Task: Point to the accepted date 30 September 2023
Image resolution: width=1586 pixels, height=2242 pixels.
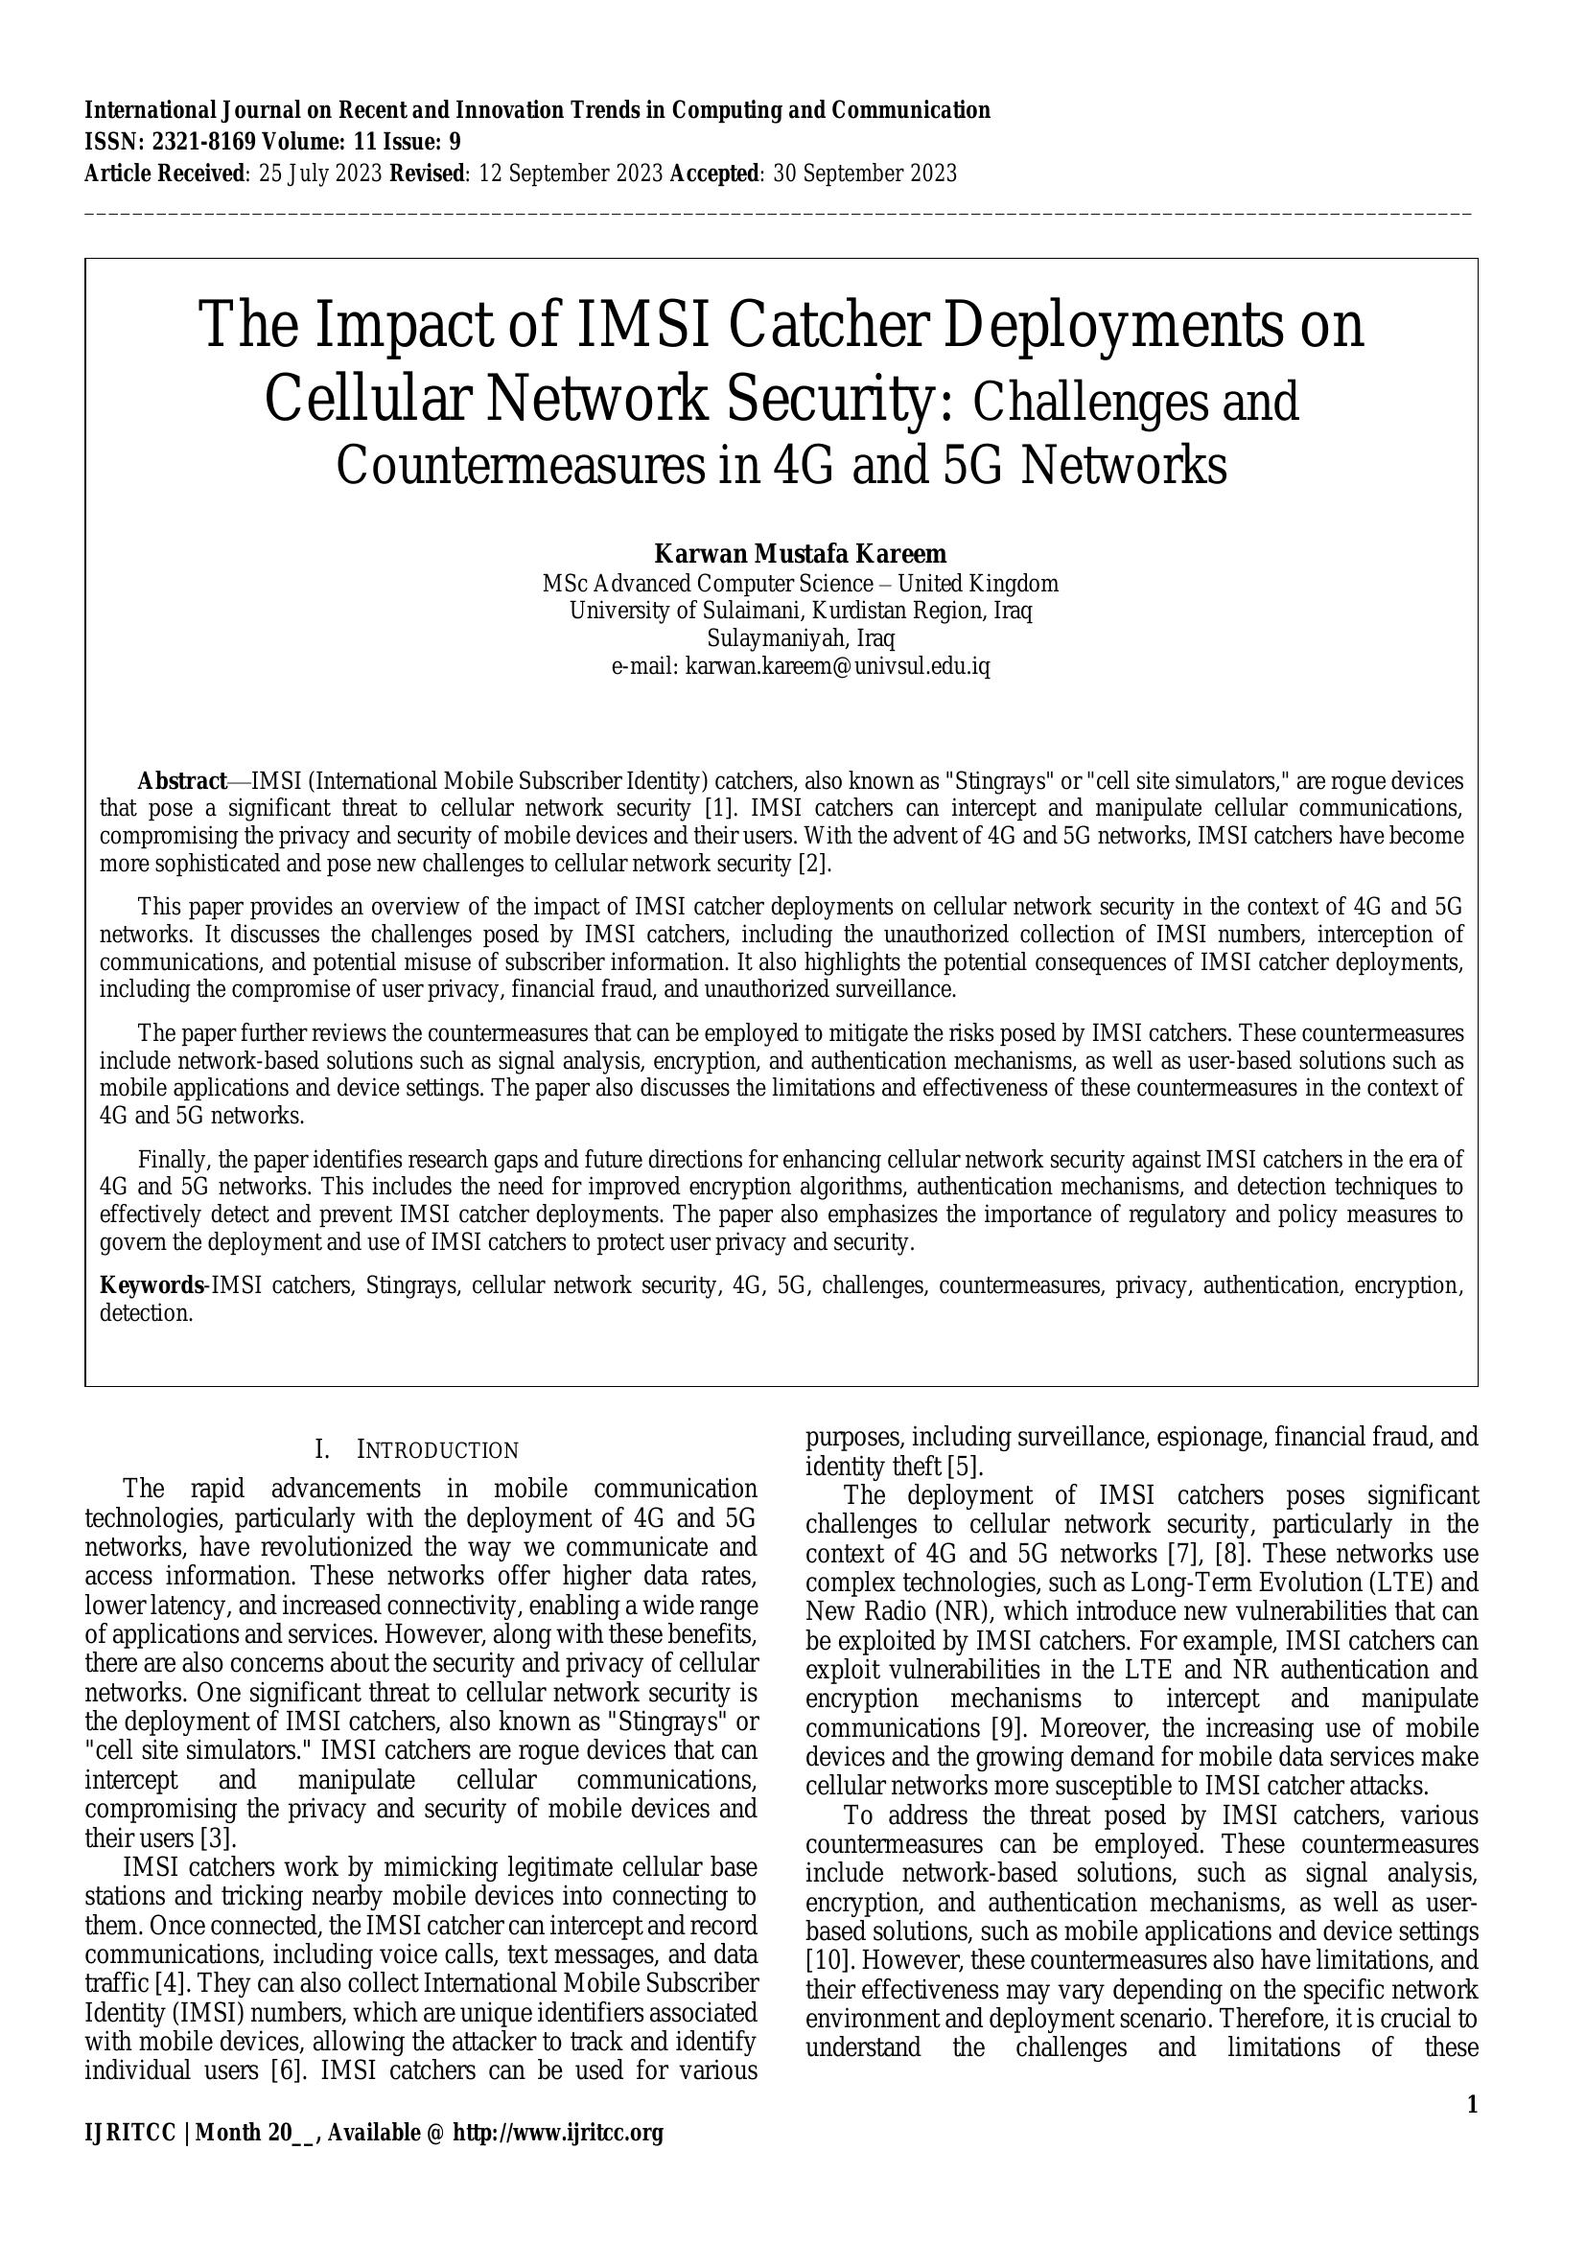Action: tap(864, 173)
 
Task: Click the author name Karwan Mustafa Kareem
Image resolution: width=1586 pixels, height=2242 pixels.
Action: tap(800, 554)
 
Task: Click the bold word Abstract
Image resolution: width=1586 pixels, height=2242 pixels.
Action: tap(181, 781)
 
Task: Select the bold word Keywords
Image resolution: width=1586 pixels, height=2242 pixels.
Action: tap(152, 1285)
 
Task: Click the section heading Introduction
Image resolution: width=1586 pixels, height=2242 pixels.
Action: tap(437, 1450)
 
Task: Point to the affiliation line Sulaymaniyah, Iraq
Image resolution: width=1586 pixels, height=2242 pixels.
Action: tap(800, 638)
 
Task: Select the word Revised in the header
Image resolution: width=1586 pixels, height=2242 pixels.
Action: tap(429, 173)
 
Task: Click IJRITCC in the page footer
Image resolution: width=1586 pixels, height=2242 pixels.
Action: tap(129, 2133)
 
